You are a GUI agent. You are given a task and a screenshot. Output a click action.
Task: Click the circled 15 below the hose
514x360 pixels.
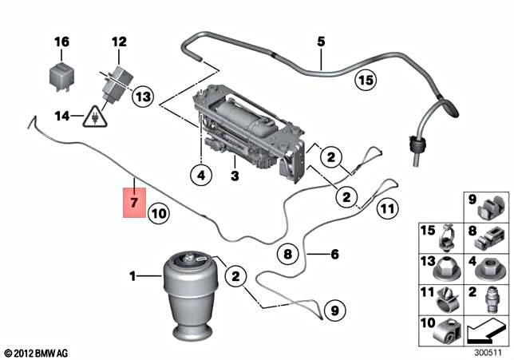[x=365, y=80]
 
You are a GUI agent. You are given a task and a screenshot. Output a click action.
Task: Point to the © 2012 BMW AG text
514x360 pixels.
[x=38, y=352]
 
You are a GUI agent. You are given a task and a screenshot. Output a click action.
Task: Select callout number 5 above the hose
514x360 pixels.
[x=321, y=41]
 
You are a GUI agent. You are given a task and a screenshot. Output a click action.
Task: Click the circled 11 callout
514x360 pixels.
[x=386, y=210]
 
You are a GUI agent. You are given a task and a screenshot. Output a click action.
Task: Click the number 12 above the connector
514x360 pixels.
[x=118, y=41]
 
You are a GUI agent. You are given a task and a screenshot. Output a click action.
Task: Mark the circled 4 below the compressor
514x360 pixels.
[x=202, y=173]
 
